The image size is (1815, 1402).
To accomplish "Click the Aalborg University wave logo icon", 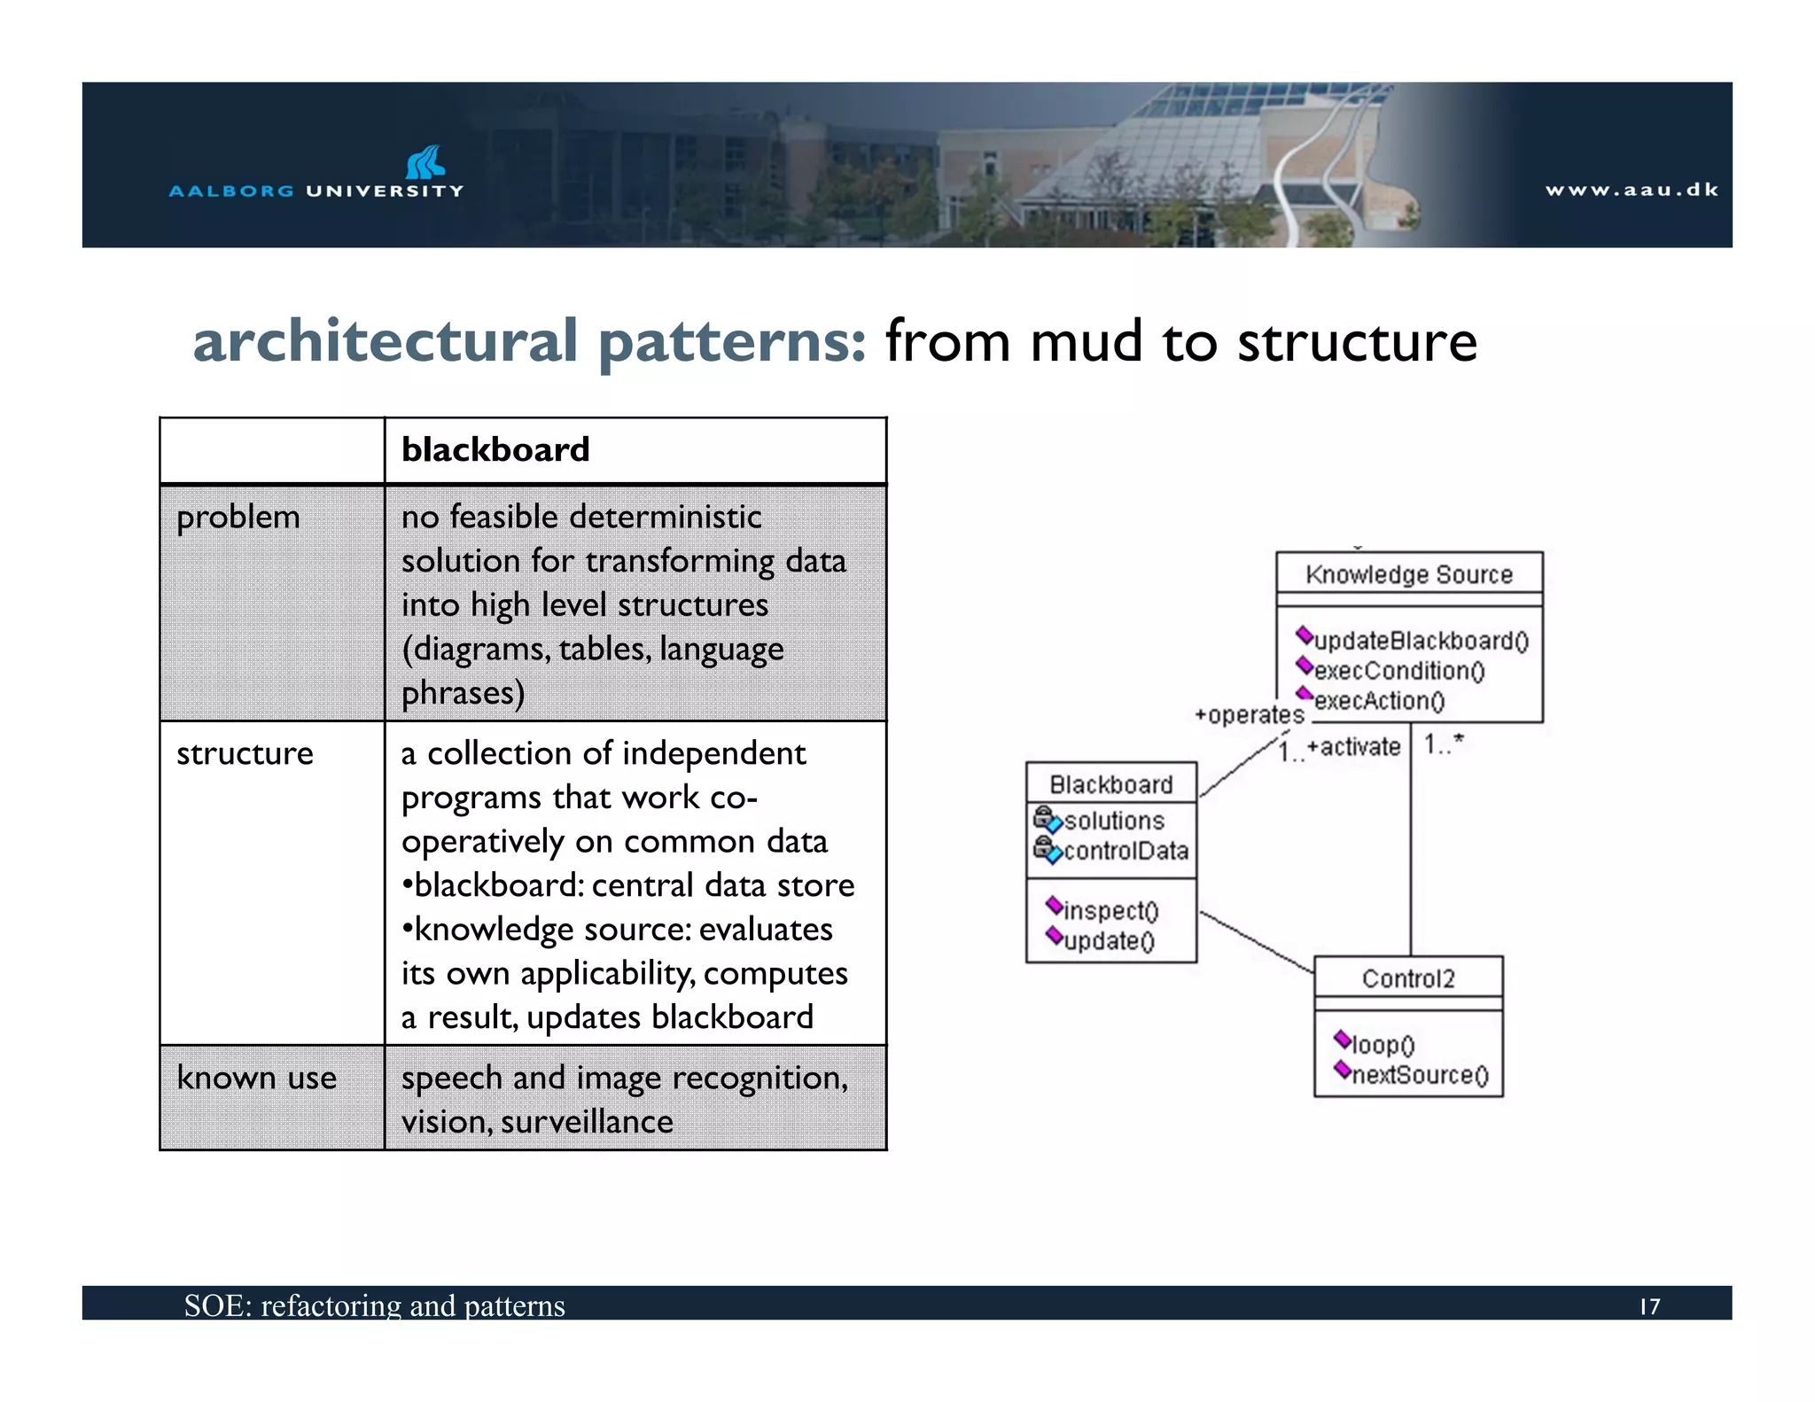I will pos(425,162).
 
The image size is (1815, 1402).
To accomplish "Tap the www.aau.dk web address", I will pos(1631,190).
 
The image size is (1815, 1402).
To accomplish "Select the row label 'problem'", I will pos(238,517).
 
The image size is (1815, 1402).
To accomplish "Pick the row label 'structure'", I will pos(245,753).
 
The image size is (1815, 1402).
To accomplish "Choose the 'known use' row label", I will pos(256,1078).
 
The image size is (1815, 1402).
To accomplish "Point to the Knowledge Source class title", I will pos(1408,574).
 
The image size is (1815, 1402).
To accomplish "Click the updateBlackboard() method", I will pos(1421,641).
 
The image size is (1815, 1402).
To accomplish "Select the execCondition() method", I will pos(1398,671).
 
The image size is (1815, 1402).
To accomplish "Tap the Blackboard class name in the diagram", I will pos(1110,784).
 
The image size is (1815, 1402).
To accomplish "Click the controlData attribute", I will pos(1125,851).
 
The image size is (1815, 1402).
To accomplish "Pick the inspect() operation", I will pos(1110,910).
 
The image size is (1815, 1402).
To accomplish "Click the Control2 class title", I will pos(1407,978).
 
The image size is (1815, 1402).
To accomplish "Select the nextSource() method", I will pos(1419,1075).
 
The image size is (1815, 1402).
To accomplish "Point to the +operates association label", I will pos(1249,715).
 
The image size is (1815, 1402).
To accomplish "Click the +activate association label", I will pos(1353,747).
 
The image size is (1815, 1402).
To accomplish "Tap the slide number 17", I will pos(1649,1306).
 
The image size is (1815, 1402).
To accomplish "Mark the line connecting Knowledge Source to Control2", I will pos(1411,851).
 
